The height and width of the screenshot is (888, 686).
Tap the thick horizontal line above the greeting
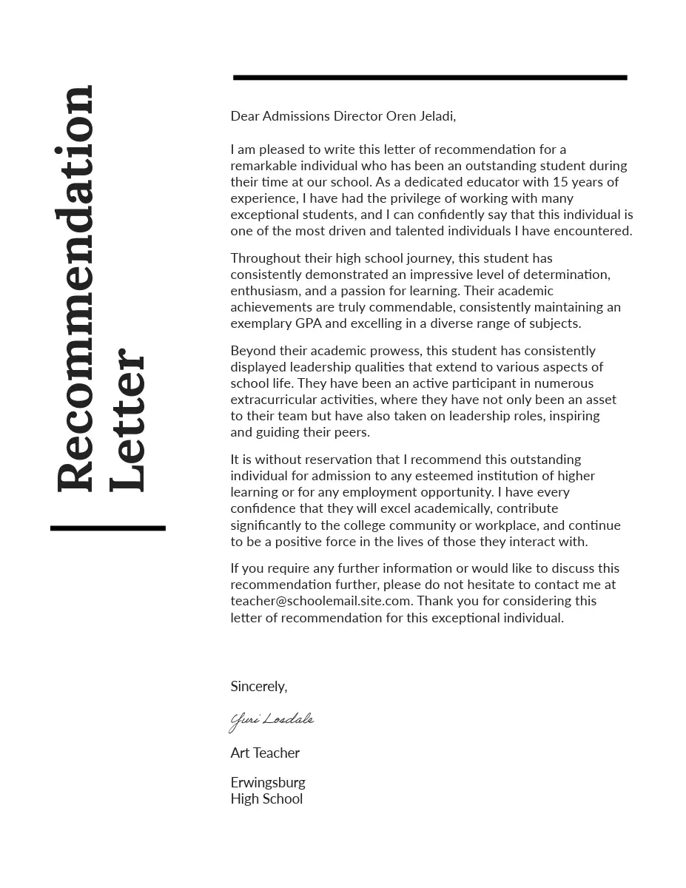coord(430,77)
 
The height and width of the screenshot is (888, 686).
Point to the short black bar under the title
coord(108,528)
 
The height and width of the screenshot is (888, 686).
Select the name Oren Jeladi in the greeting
coord(420,116)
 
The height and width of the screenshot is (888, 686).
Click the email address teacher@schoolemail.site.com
coord(320,601)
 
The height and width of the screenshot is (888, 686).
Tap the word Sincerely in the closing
coord(258,687)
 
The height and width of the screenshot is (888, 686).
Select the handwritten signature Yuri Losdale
coord(272,720)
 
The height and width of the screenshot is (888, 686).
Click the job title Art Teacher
coord(265,753)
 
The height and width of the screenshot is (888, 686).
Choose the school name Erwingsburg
coord(268,783)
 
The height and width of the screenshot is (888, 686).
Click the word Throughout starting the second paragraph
coord(266,258)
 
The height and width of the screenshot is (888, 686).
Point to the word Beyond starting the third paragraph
coord(252,351)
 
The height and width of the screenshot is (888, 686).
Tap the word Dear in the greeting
coord(245,116)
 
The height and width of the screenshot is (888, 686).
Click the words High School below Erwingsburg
coord(266,799)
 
